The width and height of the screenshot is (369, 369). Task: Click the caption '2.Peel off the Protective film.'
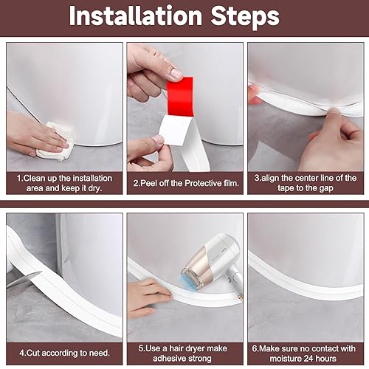(x=184, y=182)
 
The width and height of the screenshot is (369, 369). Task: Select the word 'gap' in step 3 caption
(x=323, y=187)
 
